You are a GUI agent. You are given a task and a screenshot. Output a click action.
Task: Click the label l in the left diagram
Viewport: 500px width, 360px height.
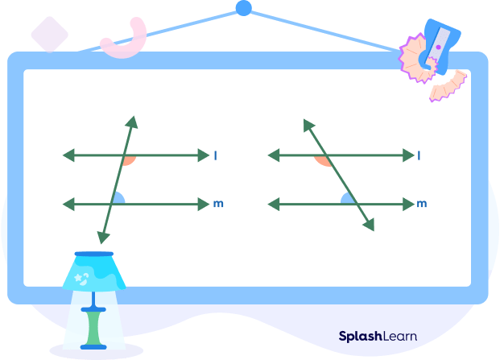215,155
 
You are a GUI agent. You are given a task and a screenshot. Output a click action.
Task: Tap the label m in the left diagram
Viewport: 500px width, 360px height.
217,205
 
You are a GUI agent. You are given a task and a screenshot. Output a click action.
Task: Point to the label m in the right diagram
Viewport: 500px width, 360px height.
421,205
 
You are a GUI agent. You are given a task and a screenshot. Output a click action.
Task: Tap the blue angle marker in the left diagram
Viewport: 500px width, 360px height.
118,199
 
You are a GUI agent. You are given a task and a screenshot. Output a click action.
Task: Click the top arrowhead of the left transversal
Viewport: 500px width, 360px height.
133,122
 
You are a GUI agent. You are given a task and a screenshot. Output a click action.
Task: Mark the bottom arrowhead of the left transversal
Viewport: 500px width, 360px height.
101,238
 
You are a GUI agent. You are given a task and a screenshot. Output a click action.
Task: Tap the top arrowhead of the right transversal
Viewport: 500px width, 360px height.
308,125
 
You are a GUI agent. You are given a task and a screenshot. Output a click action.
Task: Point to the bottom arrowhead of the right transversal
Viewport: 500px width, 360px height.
370,226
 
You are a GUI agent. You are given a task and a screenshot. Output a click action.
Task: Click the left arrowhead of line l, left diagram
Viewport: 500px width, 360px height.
68,155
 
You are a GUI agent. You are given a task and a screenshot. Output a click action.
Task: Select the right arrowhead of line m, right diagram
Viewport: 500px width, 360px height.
405,205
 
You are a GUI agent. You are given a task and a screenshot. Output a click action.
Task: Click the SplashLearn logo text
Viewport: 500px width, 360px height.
377,336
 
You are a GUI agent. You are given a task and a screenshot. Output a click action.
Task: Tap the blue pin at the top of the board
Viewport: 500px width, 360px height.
243,9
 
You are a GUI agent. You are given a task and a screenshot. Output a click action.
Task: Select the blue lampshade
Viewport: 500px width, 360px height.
94,271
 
